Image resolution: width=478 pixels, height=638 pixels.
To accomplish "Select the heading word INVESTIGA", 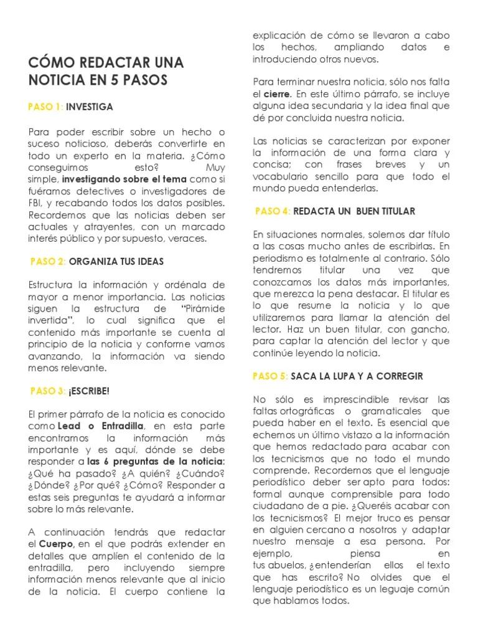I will click(x=90, y=107).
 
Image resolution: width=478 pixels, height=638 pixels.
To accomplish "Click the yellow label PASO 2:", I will click(x=47, y=261).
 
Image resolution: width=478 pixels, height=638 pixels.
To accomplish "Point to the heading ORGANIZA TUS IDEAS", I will click(x=116, y=261).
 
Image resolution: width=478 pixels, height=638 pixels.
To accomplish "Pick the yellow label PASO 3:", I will click(x=47, y=391).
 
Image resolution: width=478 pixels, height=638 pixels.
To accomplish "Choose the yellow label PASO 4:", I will click(x=273, y=211).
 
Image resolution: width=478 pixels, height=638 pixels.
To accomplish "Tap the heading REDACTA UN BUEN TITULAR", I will click(x=354, y=211).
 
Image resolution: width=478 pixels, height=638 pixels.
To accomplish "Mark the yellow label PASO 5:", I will click(x=270, y=376).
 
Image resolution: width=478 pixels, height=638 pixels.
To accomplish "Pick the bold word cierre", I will click(x=277, y=94).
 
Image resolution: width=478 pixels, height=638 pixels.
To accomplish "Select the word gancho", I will click(x=424, y=330).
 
